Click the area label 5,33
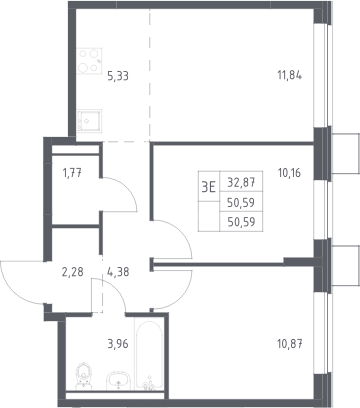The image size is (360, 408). (118, 76)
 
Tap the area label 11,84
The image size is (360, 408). (290, 75)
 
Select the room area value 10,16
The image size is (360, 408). (289, 173)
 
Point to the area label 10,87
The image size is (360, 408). (290, 344)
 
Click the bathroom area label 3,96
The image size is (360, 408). (118, 343)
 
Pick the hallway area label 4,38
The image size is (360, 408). (118, 272)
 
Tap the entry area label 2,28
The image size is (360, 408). (72, 272)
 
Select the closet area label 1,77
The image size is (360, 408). (72, 173)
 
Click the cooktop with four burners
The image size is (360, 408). (89, 61)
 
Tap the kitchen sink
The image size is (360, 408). (89, 121)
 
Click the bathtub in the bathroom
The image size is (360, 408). (149, 354)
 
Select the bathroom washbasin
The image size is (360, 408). (118, 381)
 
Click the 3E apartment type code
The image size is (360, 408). (209, 188)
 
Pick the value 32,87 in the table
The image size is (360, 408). (241, 182)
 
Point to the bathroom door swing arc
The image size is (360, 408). (115, 289)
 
